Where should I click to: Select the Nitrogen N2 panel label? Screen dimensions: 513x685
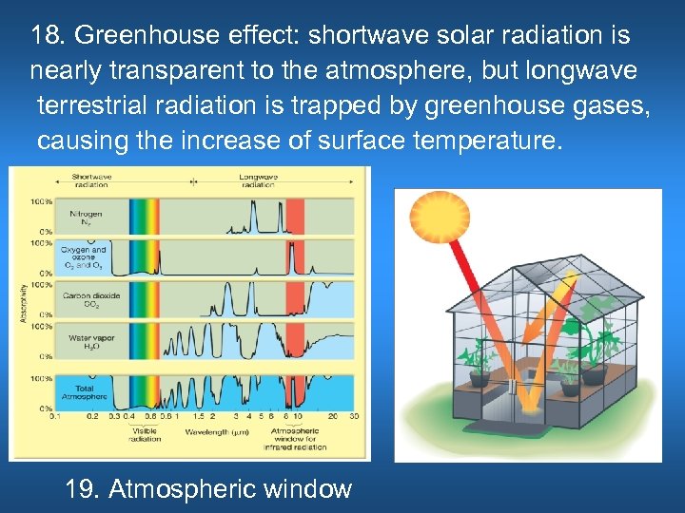86,218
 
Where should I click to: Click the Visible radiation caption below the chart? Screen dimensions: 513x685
146,435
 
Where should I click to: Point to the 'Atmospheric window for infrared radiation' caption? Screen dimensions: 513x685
298,439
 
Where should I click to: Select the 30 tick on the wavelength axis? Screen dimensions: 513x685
353,416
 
